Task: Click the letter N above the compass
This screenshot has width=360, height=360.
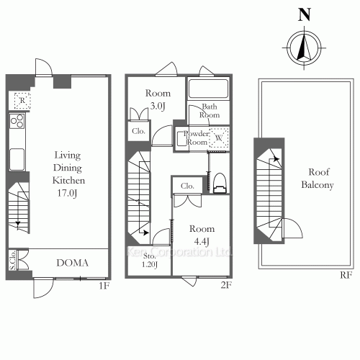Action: click(305, 14)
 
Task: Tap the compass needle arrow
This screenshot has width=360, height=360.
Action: click(304, 48)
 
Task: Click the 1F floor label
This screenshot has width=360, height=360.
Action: click(104, 286)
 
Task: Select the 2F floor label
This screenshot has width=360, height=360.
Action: click(226, 285)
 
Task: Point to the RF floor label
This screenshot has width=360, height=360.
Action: click(346, 275)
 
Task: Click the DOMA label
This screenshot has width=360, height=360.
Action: click(72, 263)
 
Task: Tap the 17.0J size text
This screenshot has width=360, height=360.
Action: click(67, 193)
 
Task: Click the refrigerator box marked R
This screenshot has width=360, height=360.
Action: click(22, 101)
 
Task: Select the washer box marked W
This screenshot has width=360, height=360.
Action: click(218, 138)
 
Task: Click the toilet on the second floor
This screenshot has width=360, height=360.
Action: click(220, 183)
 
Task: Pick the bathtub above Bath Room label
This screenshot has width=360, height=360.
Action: click(208, 89)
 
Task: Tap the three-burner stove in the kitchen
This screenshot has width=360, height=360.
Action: click(17, 121)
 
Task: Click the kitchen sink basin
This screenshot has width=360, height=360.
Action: click(17, 159)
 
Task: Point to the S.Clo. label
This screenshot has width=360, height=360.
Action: click(13, 260)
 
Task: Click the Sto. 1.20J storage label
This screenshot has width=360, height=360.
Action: click(150, 261)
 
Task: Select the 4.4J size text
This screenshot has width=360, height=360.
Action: click(202, 241)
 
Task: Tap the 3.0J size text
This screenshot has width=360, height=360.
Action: click(158, 106)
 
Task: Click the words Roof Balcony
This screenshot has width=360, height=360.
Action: click(318, 179)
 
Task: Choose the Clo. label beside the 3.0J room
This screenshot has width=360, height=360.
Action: click(138, 131)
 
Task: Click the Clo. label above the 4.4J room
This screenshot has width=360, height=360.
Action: click(187, 186)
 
